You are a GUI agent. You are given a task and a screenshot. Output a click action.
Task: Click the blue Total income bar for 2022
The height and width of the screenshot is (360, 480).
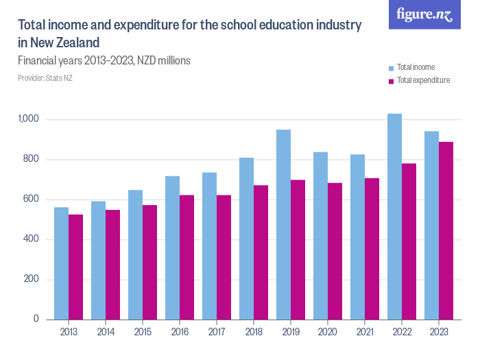click(x=394, y=216)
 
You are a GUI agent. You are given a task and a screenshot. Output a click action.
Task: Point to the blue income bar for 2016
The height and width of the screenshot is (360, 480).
click(x=172, y=248)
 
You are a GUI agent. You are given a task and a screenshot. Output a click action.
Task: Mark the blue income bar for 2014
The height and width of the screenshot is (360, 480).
click(x=98, y=260)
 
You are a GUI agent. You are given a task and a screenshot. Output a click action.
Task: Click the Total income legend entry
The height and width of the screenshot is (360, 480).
click(x=416, y=67)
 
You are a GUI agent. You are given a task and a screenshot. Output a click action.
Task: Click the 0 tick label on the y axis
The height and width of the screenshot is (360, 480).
click(x=37, y=320)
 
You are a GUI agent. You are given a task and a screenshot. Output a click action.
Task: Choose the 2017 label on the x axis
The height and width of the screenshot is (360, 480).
click(x=217, y=332)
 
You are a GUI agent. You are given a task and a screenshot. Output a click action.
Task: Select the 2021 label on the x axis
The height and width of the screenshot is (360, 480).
click(x=365, y=332)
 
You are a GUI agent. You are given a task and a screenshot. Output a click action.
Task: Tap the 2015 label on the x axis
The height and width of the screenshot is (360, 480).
click(x=143, y=332)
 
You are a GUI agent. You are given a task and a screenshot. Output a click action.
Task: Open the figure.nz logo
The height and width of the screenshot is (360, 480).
click(x=424, y=14)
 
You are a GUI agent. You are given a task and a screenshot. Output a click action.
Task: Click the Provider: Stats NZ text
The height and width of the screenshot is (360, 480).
click(x=45, y=78)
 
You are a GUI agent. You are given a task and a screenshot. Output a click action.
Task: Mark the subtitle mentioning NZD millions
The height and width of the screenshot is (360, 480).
click(x=104, y=60)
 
